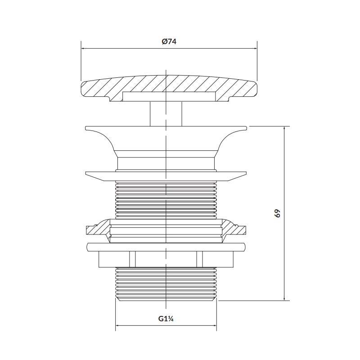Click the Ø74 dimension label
pos(169,42)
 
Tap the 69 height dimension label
pos(278,213)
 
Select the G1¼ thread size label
pos(166,319)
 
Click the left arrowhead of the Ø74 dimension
pos(84,49)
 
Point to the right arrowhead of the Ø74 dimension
pos(255,49)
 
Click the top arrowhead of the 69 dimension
pos(285,129)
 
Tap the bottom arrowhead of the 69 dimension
pos(285,298)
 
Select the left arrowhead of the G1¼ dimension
pos(118,325)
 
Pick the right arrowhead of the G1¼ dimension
pos(214,325)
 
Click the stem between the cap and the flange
pos(166,114)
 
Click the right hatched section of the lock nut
pos(234,229)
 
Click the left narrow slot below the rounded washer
pos(132,259)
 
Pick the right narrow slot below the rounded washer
pos(199,259)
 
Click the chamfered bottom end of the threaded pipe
pos(166,299)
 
